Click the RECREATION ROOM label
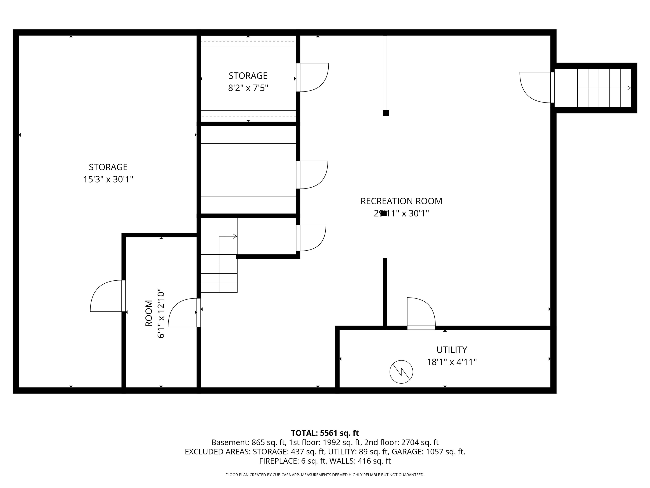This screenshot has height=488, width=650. coord(401,201)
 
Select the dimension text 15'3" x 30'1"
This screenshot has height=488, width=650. coord(108,179)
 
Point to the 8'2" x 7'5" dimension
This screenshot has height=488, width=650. coord(248,88)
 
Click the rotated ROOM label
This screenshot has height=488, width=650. coord(149,313)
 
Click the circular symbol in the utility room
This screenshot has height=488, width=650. coord(401,372)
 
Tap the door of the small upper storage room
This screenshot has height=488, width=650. coord(312,77)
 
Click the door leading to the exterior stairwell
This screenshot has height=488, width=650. coord(536,87)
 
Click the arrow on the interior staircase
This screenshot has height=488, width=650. coord(235,236)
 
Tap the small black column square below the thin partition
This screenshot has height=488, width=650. coord(386,113)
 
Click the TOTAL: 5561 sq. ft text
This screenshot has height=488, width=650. coord(325,433)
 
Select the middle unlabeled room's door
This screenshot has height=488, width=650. coord(312,175)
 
